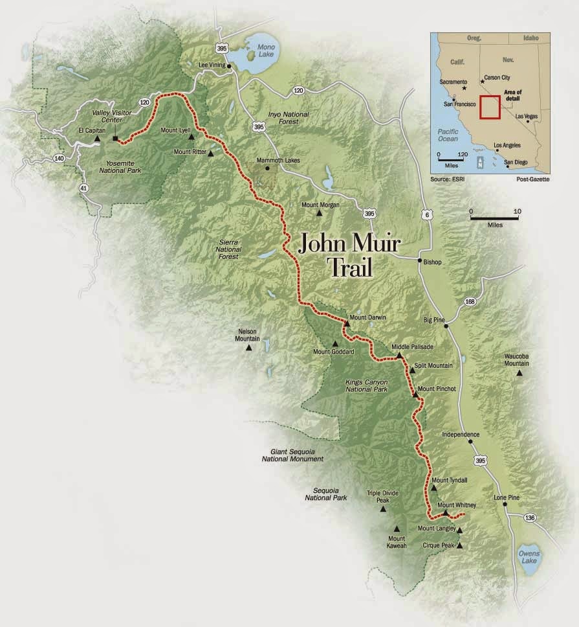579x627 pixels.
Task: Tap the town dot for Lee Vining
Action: click(x=229, y=65)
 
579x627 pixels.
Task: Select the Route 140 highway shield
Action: click(x=60, y=158)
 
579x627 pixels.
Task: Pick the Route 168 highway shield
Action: click(x=469, y=302)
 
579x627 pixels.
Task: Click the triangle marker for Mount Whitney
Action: click(x=446, y=513)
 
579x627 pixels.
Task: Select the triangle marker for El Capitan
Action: click(x=96, y=139)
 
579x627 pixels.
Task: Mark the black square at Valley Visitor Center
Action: click(x=115, y=139)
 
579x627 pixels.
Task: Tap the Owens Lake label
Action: click(x=529, y=558)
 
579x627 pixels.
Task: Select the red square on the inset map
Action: click(x=490, y=107)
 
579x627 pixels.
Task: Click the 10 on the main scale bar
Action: click(x=516, y=212)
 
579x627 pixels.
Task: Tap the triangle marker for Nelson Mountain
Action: click(x=248, y=348)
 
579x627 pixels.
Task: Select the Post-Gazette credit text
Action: click(x=533, y=179)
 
